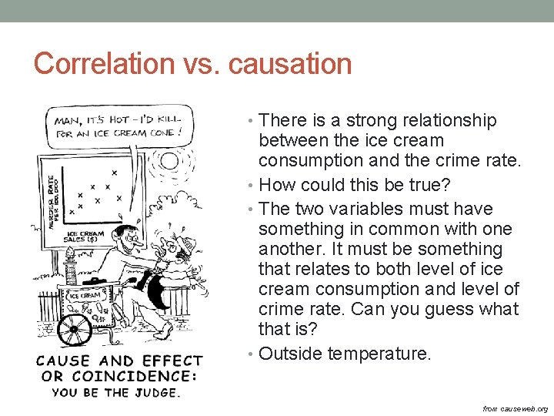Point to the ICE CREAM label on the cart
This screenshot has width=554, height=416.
85,294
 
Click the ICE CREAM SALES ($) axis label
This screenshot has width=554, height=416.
85,237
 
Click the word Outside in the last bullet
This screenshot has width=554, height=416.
290,354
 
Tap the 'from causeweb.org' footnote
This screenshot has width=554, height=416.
515,408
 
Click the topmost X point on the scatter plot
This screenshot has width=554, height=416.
114,173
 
